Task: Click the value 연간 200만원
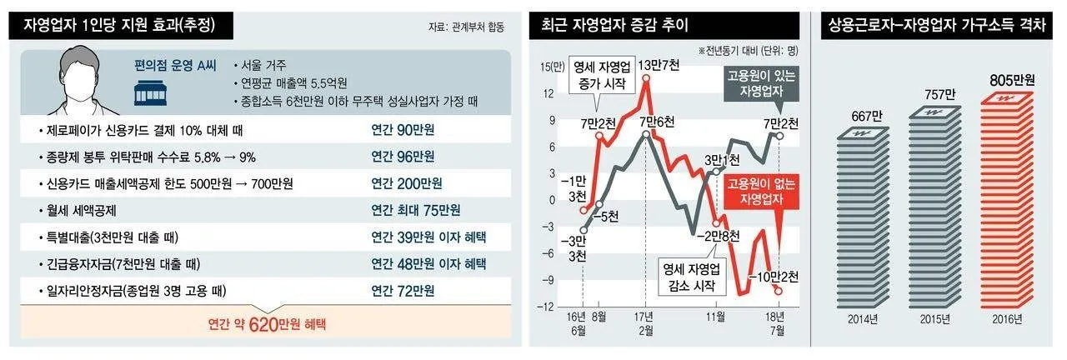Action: click(407, 183)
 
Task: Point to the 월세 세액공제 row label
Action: click(83, 210)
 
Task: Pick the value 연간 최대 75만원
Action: click(416, 210)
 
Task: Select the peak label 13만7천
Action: click(661, 65)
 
